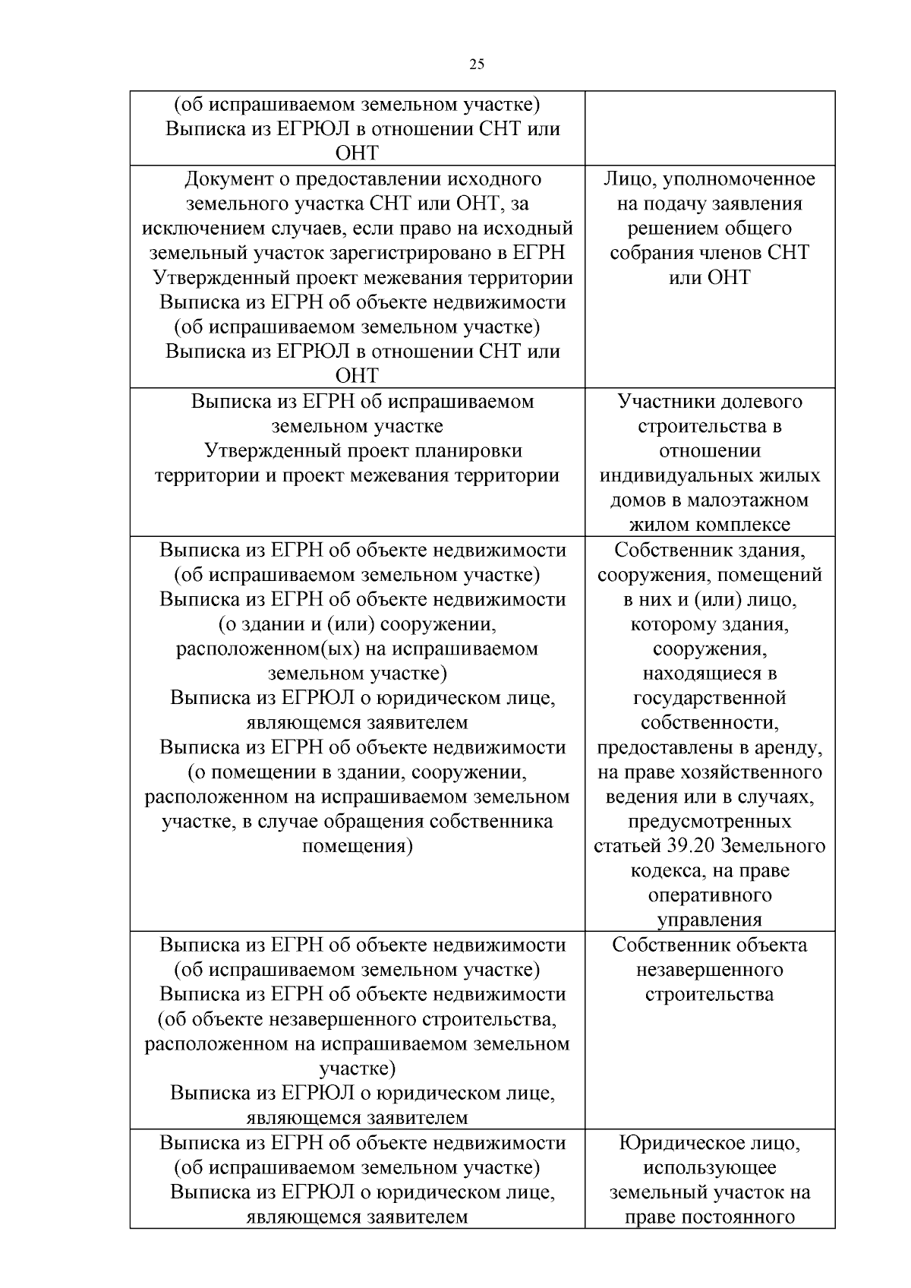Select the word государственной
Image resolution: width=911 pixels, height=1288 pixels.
coord(710,698)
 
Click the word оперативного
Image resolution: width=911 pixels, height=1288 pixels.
coord(710,895)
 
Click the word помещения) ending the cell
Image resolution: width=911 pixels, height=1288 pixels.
coord(357,846)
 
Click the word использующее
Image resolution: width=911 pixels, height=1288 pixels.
coord(710,1168)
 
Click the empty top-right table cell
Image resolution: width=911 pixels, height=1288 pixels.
coord(710,128)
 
